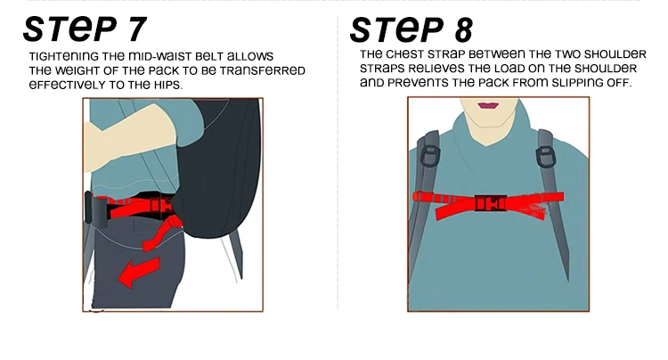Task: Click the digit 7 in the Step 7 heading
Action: (x=136, y=29)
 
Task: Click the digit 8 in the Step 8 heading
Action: (x=463, y=29)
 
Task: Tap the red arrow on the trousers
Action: (x=139, y=273)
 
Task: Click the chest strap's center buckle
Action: (x=491, y=203)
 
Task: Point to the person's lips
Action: (x=488, y=105)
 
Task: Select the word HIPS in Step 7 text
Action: (x=168, y=85)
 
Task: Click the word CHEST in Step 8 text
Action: (x=404, y=54)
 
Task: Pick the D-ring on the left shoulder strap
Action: (x=430, y=156)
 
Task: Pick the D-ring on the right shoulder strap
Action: (x=545, y=156)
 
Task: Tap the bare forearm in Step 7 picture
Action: (x=126, y=142)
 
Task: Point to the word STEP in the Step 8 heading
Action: (x=397, y=29)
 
